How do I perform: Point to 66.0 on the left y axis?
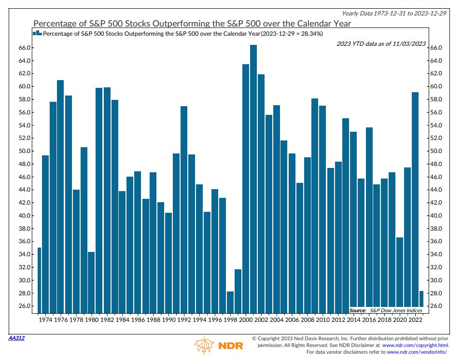pyautogui.click(x=25, y=48)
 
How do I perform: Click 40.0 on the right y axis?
pyautogui.click(x=436, y=216)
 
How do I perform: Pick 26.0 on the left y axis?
pyautogui.click(x=25, y=306)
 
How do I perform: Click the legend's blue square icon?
pyautogui.click(x=37, y=33)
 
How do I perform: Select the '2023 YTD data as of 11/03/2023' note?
pyautogui.click(x=381, y=44)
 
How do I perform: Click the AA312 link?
pyautogui.click(x=16, y=338)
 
